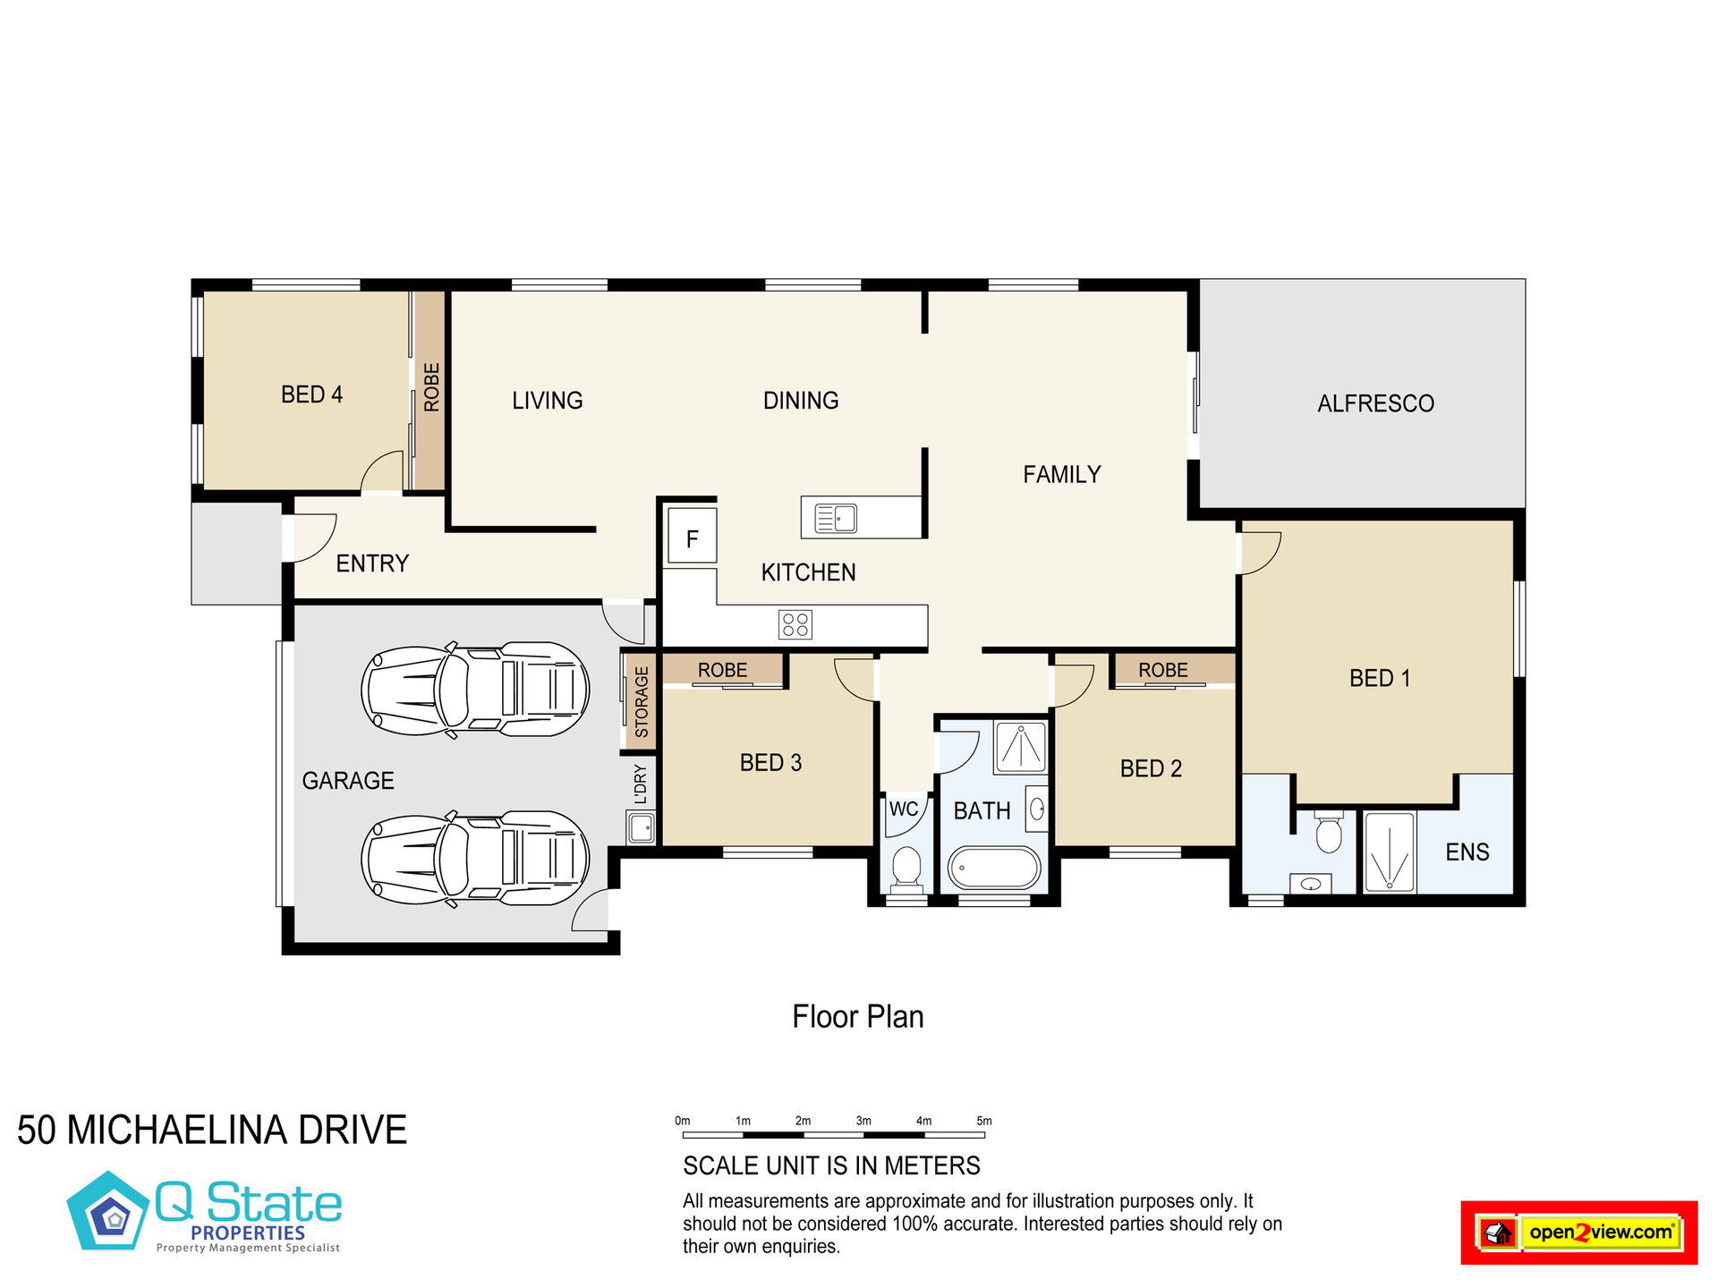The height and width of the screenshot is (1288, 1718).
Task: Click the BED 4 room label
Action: [x=311, y=394]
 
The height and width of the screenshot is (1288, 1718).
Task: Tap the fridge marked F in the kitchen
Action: [x=693, y=536]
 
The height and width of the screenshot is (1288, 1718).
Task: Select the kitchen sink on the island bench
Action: [x=835, y=518]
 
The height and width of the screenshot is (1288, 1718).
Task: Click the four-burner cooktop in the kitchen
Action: [x=795, y=624]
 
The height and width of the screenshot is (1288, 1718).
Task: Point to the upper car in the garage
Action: [x=475, y=690]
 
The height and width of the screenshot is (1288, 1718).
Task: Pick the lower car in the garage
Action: [x=475, y=860]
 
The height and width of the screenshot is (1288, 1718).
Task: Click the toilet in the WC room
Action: [x=906, y=868]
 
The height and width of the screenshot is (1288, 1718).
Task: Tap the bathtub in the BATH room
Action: [x=994, y=868]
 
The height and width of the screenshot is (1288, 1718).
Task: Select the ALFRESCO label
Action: [x=1375, y=403]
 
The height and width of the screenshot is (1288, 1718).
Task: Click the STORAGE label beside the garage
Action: [x=642, y=702]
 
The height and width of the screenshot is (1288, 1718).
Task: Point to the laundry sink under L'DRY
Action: [x=642, y=827]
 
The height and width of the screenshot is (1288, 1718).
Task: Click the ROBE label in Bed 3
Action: [x=722, y=670]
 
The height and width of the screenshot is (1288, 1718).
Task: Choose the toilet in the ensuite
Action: [x=1329, y=831]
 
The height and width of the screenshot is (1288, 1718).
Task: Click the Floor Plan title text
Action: [x=858, y=1017]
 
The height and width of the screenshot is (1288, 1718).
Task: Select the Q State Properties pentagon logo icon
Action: [x=109, y=1210]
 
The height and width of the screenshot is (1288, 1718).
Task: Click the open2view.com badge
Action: [x=1579, y=1233]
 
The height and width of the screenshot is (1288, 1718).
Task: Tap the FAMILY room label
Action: [x=1062, y=474]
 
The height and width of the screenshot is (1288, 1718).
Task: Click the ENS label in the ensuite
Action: [x=1467, y=852]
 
